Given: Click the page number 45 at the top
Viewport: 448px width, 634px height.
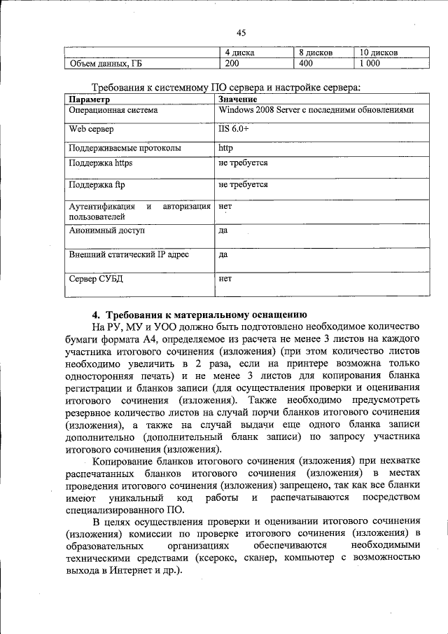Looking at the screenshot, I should [x=241, y=33].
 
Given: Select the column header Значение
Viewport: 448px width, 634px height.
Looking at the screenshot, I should [x=238, y=99].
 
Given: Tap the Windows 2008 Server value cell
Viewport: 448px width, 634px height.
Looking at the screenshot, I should [x=315, y=111].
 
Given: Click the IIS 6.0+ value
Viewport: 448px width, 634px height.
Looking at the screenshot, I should [x=233, y=130].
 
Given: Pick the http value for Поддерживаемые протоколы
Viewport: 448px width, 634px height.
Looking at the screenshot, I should [x=225, y=148].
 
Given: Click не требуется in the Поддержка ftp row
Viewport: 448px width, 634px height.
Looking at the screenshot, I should [x=243, y=185].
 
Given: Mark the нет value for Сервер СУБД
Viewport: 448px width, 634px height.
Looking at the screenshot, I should [x=225, y=278].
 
